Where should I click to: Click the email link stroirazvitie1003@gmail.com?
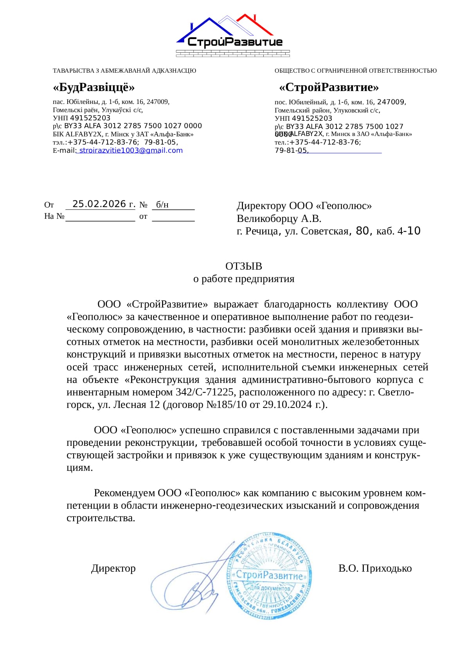(131, 150)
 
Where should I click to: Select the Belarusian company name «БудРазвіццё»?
(94, 87)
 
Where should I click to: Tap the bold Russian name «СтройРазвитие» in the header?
(329, 87)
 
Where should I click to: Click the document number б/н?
(162, 204)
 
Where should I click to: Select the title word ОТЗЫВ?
(243, 266)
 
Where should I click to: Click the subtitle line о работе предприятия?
(243, 279)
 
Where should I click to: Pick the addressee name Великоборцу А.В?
(279, 218)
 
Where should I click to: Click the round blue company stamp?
(270, 575)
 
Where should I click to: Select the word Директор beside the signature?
(113, 568)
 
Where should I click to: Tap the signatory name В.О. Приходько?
(375, 568)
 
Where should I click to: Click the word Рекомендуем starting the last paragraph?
(124, 493)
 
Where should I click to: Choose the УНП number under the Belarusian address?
(90, 118)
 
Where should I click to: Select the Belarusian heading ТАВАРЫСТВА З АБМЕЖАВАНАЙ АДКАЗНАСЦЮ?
(124, 71)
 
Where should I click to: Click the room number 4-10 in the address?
(409, 231)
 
